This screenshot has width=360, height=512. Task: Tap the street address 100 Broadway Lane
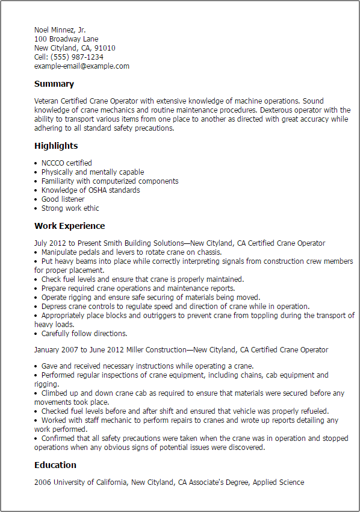tap(66, 39)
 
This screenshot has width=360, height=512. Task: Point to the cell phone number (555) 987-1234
tap(78, 57)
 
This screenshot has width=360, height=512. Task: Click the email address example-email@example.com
tap(82, 66)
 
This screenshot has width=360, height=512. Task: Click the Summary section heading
tap(54, 84)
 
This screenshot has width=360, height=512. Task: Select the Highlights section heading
tap(56, 146)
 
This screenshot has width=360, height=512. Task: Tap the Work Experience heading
tap(69, 226)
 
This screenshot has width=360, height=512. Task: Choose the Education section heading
tap(55, 465)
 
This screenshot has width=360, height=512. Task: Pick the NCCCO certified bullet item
tap(67, 163)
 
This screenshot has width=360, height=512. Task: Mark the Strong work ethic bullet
tap(70, 208)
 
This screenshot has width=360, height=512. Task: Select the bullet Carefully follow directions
tap(84, 334)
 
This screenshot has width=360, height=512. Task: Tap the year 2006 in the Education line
tap(43, 482)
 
